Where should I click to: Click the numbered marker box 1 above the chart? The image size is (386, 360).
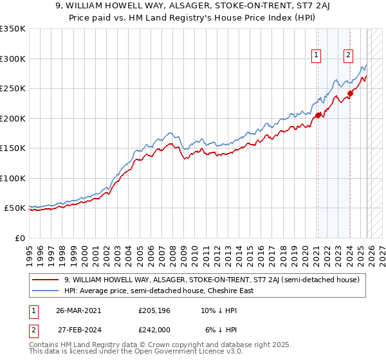(317, 56)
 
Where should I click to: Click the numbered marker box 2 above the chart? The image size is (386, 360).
(348, 56)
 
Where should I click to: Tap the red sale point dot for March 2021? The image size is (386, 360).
(318, 115)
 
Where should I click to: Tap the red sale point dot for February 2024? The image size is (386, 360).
(350, 93)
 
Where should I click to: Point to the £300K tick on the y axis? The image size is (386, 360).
(13, 59)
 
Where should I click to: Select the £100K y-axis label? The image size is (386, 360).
(13, 178)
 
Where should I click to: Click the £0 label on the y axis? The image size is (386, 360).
(19, 238)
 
